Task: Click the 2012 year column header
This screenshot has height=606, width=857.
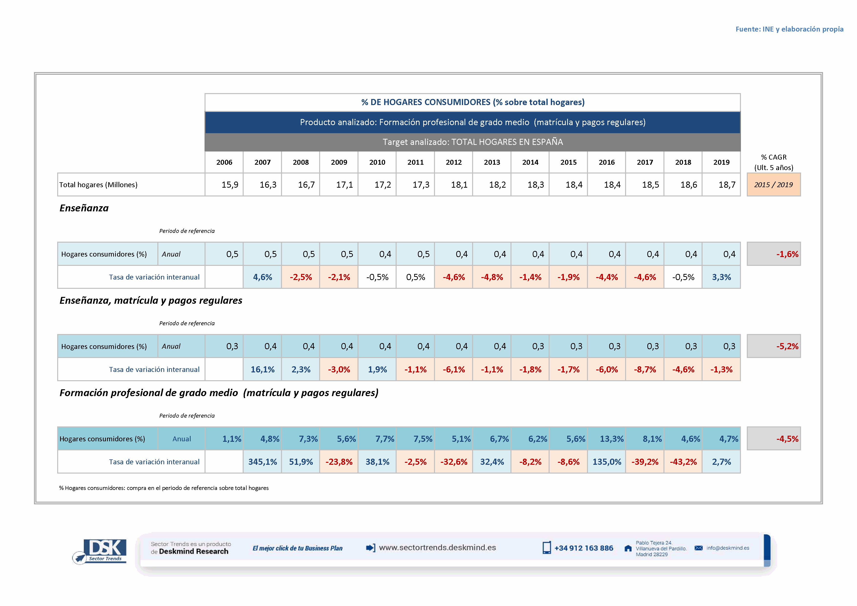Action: (454, 162)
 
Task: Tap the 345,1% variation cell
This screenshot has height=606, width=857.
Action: (262, 462)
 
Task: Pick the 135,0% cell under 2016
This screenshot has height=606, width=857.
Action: (607, 462)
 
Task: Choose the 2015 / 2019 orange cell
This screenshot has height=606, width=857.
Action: (773, 185)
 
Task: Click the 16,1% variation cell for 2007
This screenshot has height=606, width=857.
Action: (262, 369)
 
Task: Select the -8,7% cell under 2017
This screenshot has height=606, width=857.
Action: (645, 369)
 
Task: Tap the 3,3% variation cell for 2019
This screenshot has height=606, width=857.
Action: (721, 277)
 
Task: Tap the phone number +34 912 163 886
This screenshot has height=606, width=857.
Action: (583, 548)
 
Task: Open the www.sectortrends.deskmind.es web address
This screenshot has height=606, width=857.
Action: (437, 547)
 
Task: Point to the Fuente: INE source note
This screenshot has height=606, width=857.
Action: (789, 29)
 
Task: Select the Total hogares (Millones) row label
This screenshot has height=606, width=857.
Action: (98, 185)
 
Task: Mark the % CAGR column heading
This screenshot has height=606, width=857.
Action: (773, 162)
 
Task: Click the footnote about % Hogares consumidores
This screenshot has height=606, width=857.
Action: (164, 488)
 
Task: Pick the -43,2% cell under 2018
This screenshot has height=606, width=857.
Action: (683, 462)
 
